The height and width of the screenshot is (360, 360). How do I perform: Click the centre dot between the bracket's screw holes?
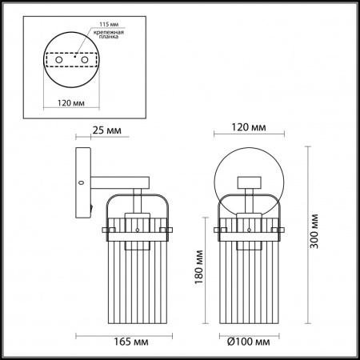pos(74,58)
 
